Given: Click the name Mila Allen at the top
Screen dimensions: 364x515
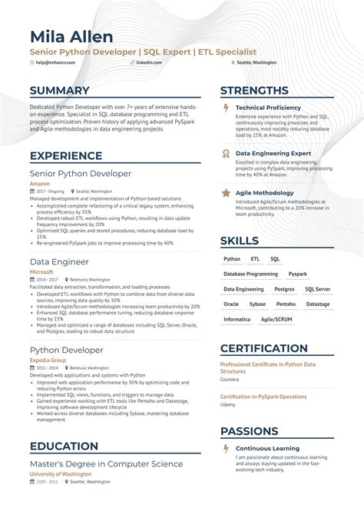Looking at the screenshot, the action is [x=71, y=36].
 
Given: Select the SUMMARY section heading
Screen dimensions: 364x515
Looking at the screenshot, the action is [x=60, y=91].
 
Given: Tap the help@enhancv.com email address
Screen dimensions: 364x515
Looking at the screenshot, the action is [x=55, y=63].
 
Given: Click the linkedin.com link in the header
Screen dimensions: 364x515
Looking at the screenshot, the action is [x=149, y=63].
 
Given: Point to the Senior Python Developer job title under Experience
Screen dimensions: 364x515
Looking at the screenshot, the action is [x=80, y=174].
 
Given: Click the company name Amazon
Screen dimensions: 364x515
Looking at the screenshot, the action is [x=39, y=184].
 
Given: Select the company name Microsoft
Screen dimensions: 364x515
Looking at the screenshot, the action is [x=41, y=271].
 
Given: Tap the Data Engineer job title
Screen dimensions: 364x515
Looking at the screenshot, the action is [x=58, y=261].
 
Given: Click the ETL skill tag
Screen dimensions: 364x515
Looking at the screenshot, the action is [x=255, y=260].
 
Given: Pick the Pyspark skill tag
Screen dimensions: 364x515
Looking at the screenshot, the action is [x=298, y=274].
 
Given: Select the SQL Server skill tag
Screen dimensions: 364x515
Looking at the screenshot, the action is [x=318, y=289].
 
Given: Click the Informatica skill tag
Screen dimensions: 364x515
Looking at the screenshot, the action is [x=237, y=319].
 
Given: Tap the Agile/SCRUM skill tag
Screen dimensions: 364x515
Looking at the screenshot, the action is [x=276, y=319].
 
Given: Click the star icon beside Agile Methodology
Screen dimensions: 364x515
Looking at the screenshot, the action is [x=226, y=193].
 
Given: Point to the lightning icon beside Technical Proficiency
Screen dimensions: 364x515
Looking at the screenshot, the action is [x=226, y=108].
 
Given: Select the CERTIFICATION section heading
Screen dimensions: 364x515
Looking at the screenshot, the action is [x=275, y=348].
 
